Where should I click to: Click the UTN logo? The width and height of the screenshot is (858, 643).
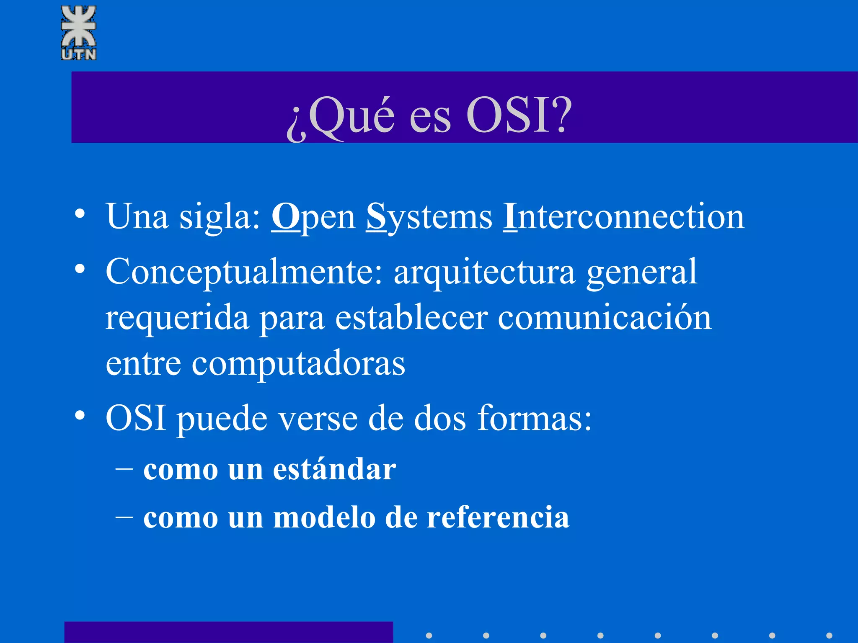[x=79, y=33]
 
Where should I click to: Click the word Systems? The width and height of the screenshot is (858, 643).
[x=429, y=217]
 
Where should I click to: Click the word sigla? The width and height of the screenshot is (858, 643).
[x=220, y=217]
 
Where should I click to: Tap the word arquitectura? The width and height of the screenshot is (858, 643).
[x=484, y=272]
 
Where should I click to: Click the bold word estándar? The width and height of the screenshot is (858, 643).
[x=334, y=469]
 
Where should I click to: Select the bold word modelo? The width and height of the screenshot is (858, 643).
[x=324, y=517]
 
